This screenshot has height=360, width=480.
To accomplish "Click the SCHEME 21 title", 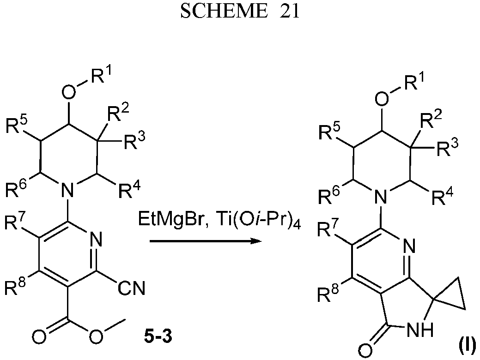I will pyautogui.click(x=240, y=12).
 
